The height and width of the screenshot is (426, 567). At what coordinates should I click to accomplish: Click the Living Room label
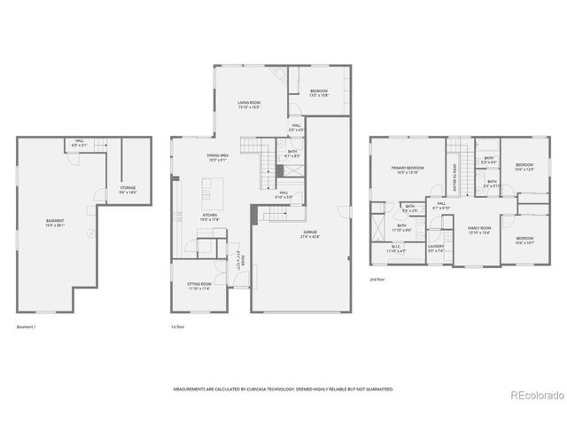coord(248,105)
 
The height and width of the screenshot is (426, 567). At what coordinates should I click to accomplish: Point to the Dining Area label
coord(219,158)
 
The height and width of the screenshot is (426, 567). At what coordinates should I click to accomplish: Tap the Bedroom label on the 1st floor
coord(319,93)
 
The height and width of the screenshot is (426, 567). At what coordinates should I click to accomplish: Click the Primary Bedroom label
coord(408,170)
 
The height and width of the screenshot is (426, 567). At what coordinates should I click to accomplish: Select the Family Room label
coord(478,230)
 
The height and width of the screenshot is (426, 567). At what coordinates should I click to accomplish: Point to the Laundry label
coord(435,248)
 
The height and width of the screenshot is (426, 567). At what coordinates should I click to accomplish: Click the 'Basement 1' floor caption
coord(27,327)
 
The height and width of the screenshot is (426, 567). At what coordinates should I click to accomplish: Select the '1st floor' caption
coord(178,327)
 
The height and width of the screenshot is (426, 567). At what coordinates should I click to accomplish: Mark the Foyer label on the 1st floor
coord(239,262)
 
